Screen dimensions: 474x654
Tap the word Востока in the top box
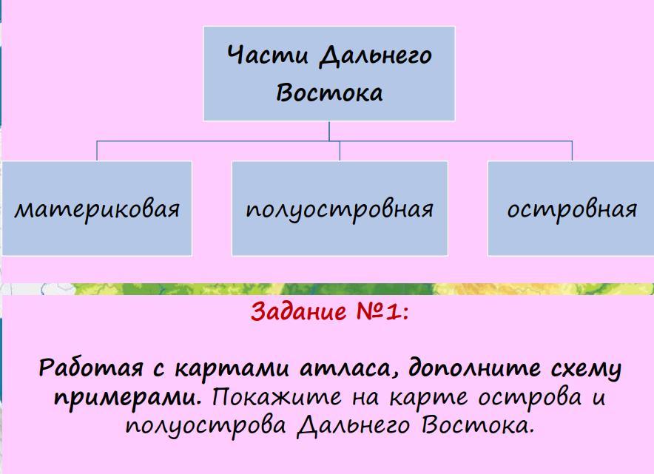point(329,94)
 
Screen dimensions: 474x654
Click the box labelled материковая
point(97,209)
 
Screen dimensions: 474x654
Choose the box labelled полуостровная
point(340,209)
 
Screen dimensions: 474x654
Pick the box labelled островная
point(571,209)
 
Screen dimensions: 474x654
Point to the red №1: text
point(382,312)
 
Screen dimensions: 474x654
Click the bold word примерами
point(127,398)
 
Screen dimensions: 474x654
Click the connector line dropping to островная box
point(573,150)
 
